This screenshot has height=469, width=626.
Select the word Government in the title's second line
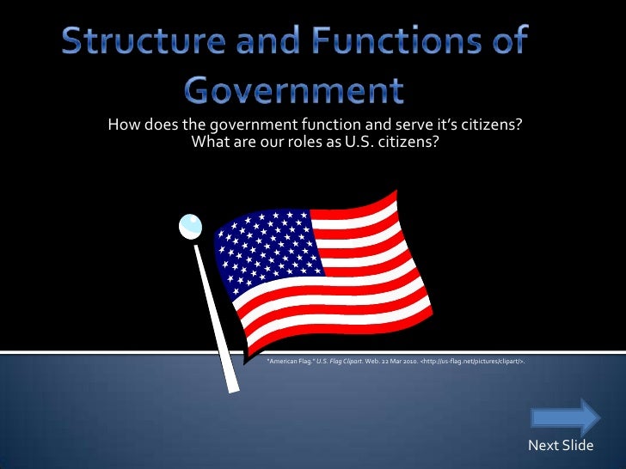click(x=294, y=88)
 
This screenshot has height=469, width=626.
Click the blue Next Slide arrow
click(x=565, y=417)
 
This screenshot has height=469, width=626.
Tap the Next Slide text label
click(x=561, y=445)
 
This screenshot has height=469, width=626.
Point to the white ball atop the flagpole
click(x=190, y=226)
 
